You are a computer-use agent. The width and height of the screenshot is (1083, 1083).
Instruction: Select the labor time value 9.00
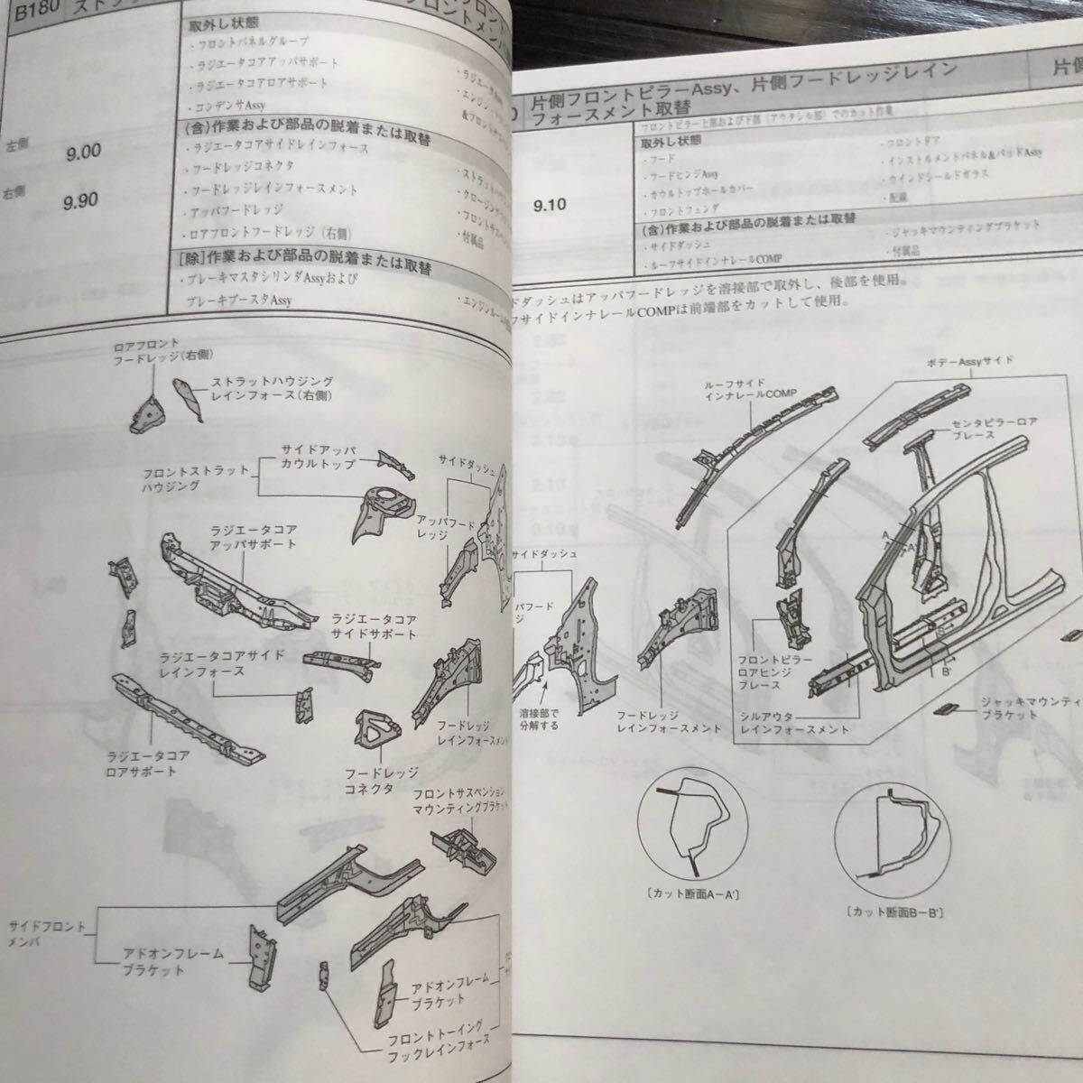pyautogui.click(x=83, y=153)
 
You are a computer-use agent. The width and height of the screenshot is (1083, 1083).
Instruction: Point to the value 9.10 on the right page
pyautogui.click(x=550, y=206)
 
